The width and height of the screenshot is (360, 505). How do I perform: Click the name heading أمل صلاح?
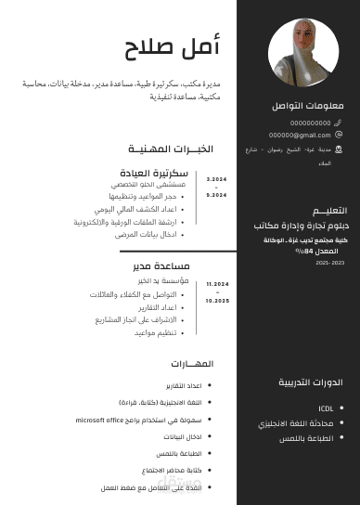(x=174, y=45)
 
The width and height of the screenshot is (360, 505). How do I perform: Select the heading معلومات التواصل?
(x=308, y=106)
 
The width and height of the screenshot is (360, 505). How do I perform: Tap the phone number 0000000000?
(x=310, y=123)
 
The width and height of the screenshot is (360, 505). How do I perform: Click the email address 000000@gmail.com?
(x=300, y=135)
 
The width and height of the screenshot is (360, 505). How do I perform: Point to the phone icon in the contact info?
(x=338, y=123)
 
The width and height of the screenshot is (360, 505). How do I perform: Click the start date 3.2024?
(x=216, y=179)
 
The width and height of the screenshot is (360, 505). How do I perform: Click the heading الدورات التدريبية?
(x=311, y=382)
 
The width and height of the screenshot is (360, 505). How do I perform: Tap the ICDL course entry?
(x=326, y=408)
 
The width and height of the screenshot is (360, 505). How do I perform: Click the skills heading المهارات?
(x=192, y=363)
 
